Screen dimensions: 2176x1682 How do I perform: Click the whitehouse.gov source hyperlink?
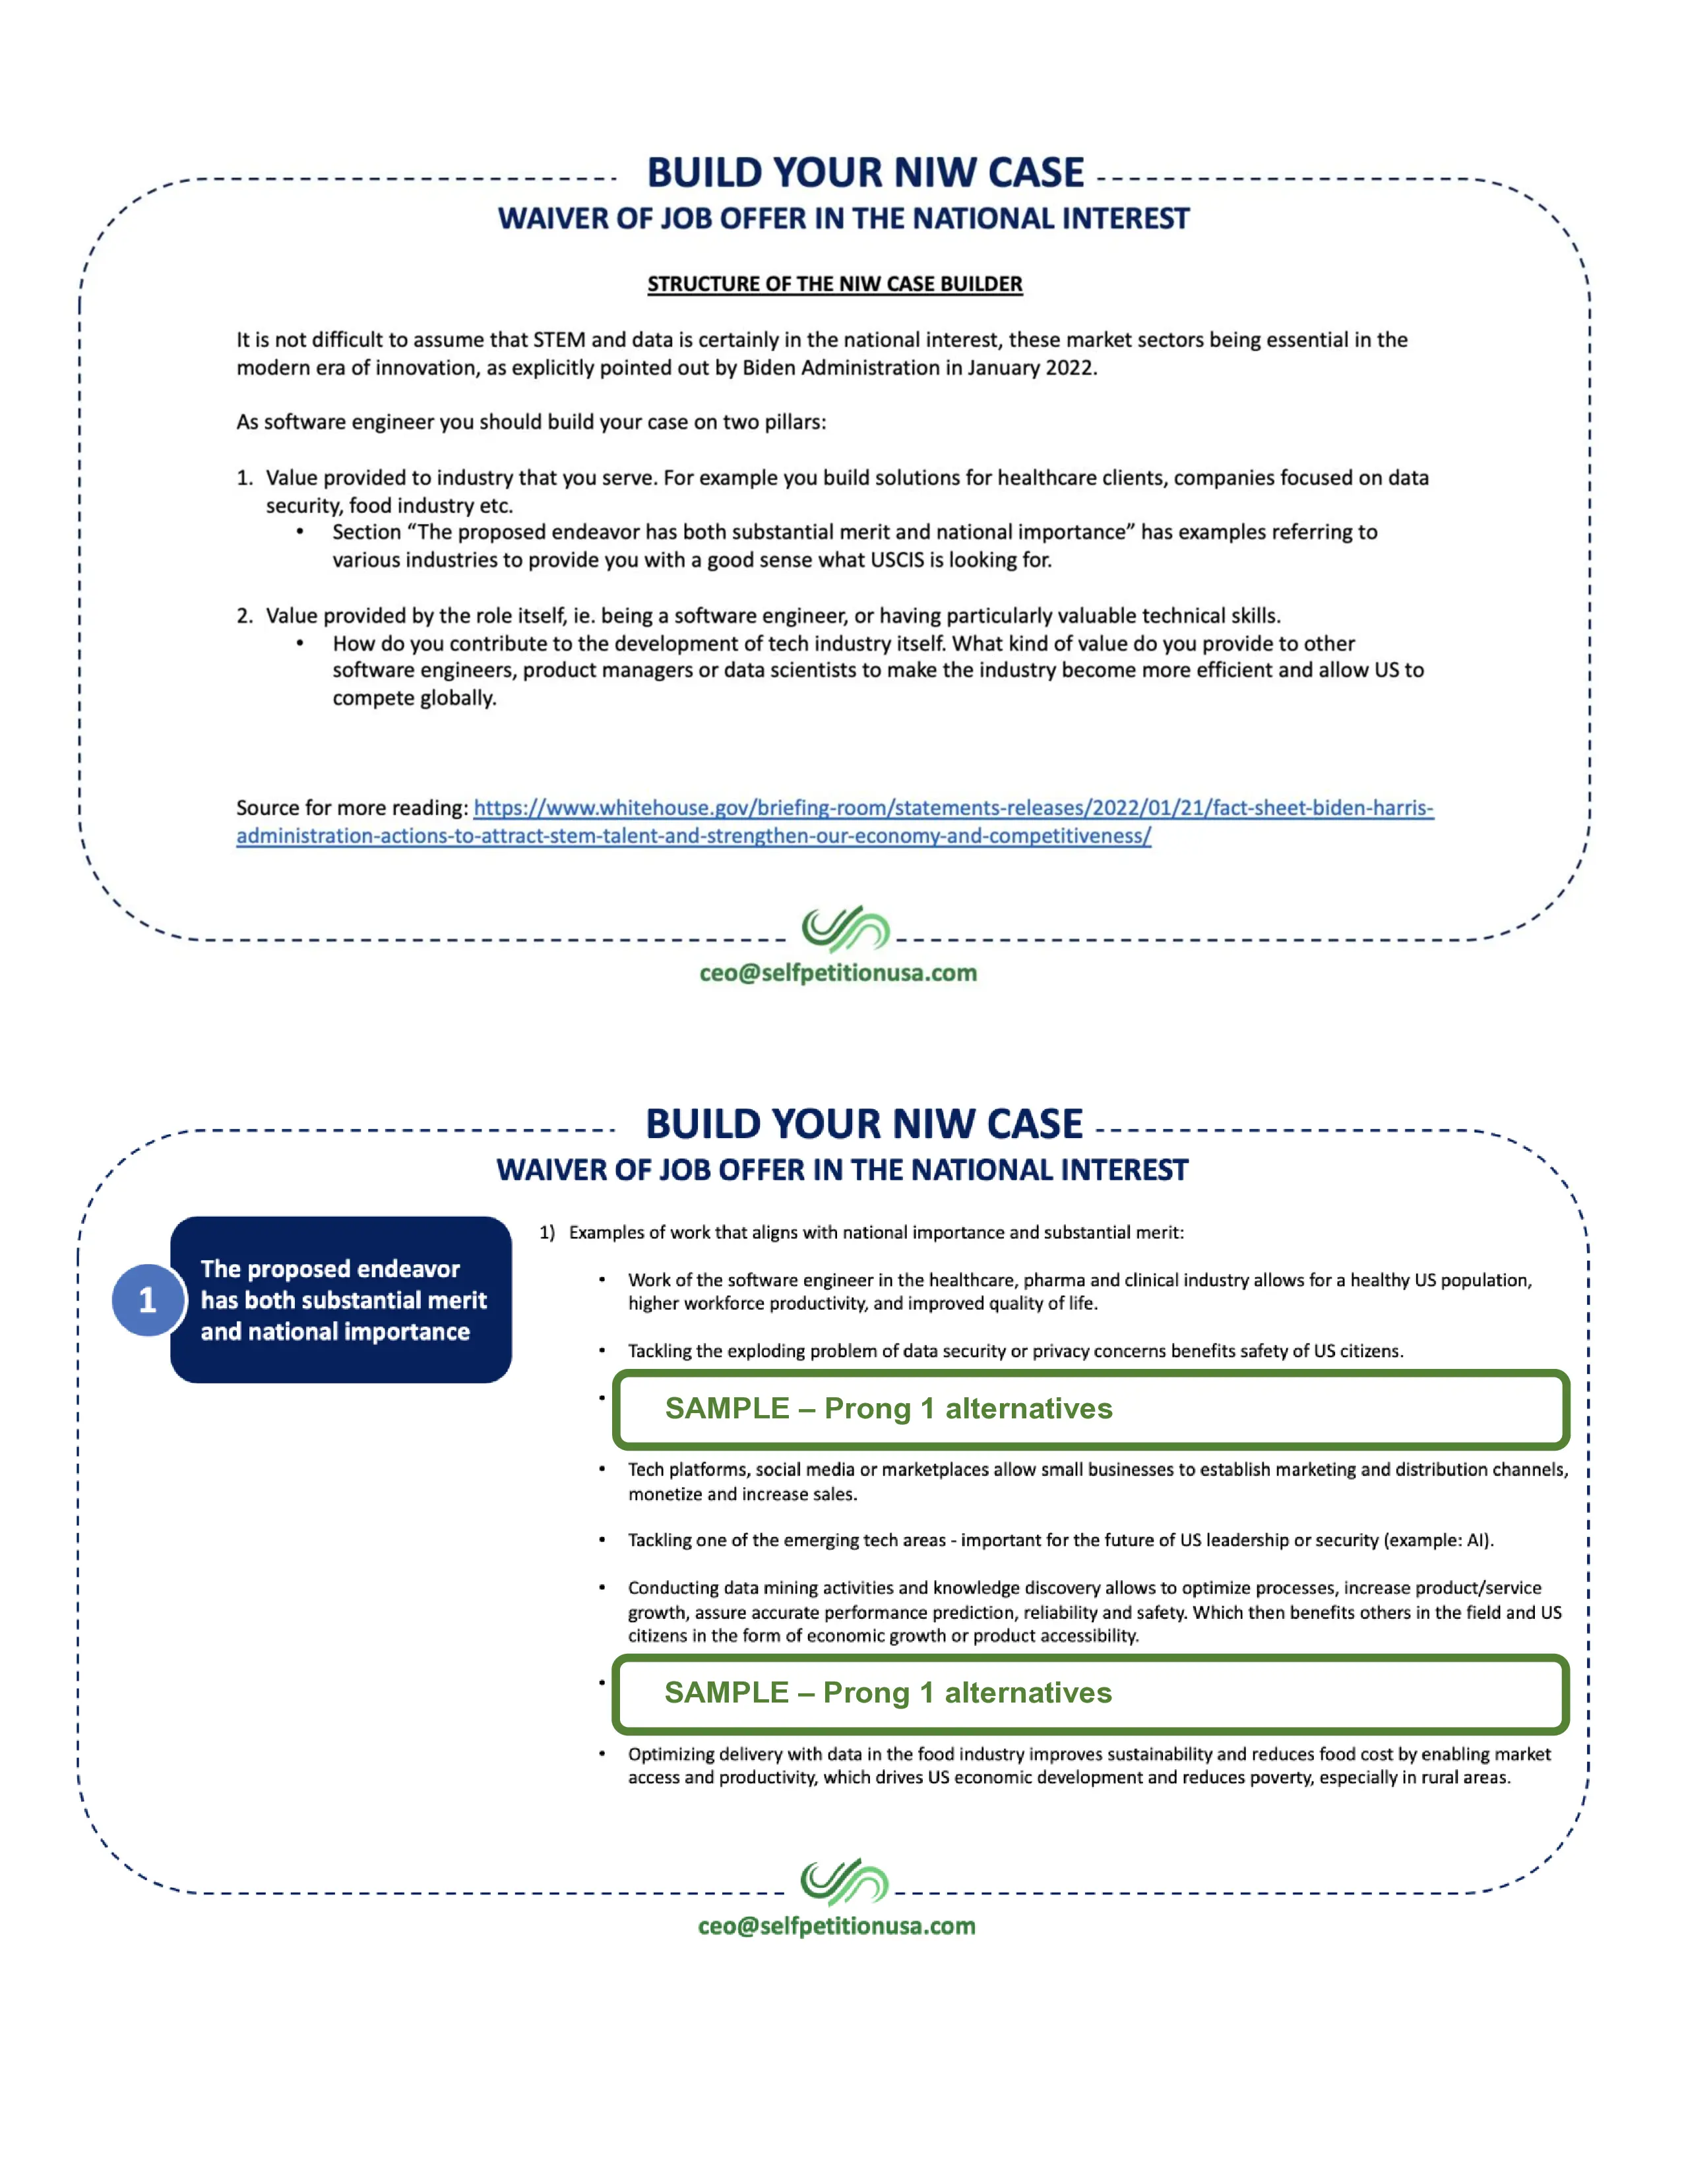tap(952, 808)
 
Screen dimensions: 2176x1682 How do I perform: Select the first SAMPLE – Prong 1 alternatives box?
tap(1091, 1409)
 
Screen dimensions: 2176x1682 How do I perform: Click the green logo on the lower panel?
tap(844, 1881)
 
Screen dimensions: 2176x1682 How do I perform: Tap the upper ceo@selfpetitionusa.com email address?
tap(838, 973)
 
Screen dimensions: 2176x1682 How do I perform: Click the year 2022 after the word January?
tap(1068, 368)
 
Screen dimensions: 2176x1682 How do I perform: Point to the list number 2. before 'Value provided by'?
tap(244, 616)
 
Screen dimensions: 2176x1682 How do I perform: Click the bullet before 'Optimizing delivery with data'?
tap(602, 1753)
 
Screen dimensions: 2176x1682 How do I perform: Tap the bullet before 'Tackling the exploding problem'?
tap(602, 1350)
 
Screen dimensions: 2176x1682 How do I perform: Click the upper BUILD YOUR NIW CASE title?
tap(865, 172)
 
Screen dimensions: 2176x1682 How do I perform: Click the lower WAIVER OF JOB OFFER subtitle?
tap(842, 1170)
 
